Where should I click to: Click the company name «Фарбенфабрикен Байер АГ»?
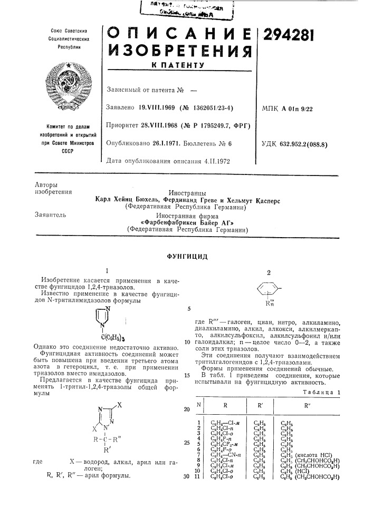[x=187, y=223]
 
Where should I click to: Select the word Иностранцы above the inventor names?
[x=187, y=193]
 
